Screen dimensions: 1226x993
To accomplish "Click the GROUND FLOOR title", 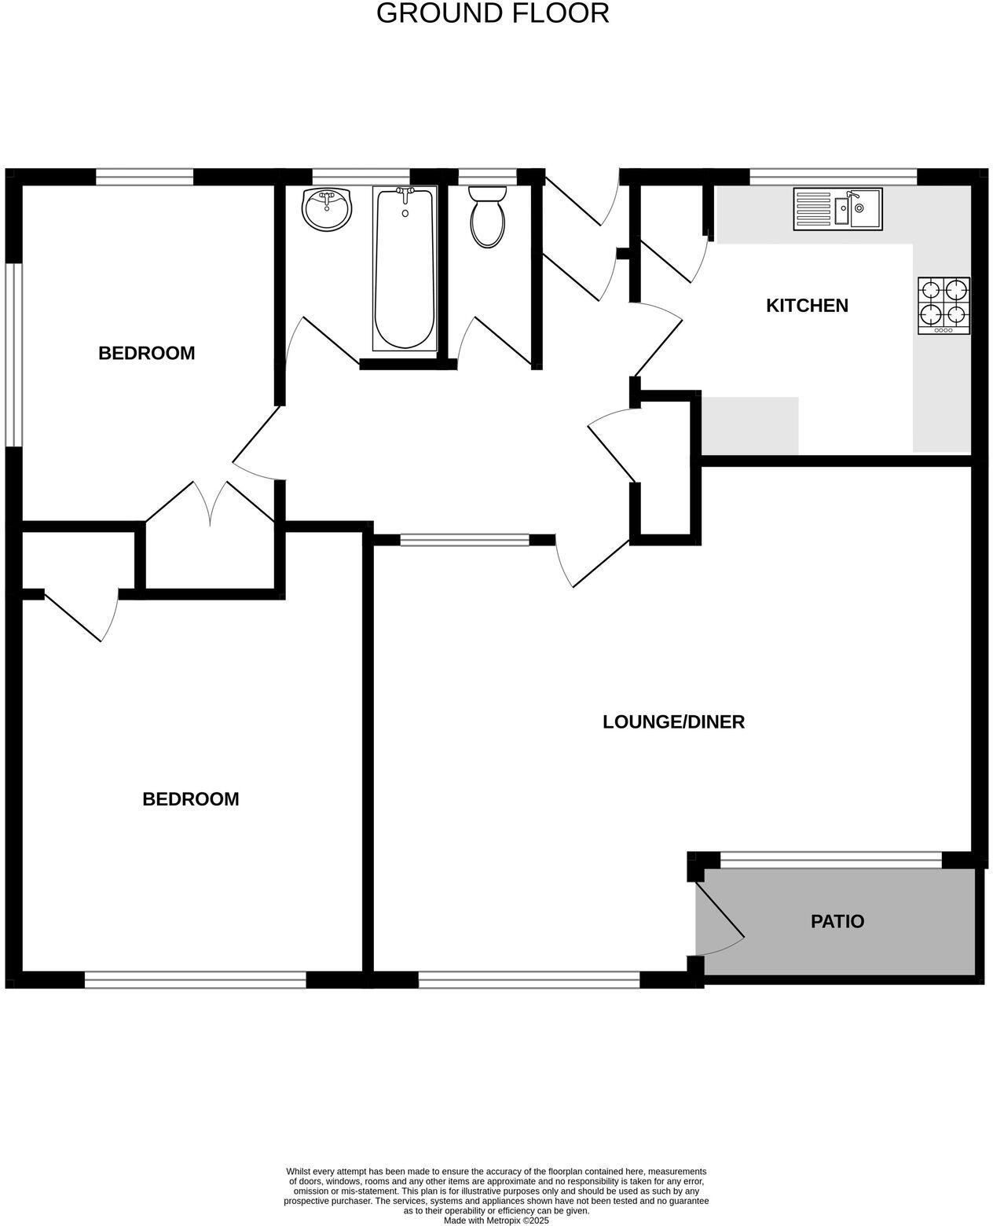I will (x=493, y=13).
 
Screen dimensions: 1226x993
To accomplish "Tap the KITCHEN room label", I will (x=807, y=306).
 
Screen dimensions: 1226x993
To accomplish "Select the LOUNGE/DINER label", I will (x=673, y=721).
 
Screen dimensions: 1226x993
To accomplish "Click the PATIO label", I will (x=837, y=921).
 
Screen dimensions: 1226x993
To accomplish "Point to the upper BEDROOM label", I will (x=146, y=354).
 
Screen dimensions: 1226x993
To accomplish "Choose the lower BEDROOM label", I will (x=190, y=799).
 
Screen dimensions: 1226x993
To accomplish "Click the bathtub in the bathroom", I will (x=405, y=269).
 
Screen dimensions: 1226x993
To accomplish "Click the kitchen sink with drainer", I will (x=837, y=208).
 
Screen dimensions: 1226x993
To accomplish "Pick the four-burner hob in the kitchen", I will (x=944, y=305).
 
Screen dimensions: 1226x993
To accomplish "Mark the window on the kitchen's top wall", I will (x=833, y=177).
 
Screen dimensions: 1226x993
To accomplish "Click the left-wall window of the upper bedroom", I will (x=13, y=355).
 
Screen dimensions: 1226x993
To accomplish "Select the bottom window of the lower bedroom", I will (x=195, y=979).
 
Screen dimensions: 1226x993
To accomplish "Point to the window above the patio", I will (x=830, y=861).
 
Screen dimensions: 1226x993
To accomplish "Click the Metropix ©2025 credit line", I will (x=496, y=1220).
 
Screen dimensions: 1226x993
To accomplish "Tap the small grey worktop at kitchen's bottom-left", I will (x=750, y=425).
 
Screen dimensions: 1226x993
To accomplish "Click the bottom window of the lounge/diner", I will (x=529, y=979).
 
